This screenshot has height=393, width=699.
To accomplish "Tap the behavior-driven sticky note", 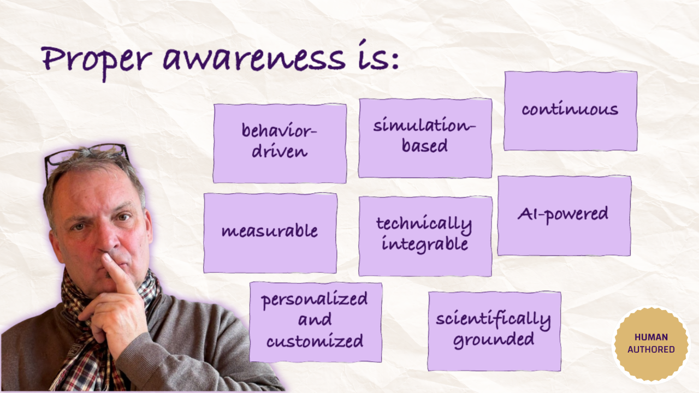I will point(280,143).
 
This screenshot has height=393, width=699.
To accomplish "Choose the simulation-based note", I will point(425,138).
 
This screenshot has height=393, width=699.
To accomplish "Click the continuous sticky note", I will point(570,110).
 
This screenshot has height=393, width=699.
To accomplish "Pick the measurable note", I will point(270,233).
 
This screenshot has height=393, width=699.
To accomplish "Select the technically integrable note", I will point(425,236).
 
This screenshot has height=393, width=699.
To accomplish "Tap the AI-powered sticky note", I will point(564,215).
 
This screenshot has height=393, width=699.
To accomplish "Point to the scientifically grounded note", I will point(494,331).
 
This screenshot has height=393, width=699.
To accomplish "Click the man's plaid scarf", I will point(82,327).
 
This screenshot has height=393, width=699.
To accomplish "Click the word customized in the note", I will point(315,342).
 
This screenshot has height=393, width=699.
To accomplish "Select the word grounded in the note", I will point(494,340).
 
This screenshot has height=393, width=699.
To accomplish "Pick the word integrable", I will point(425,244).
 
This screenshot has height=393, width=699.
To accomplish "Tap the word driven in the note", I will point(280,151).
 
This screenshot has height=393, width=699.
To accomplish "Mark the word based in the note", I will point(425,146).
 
